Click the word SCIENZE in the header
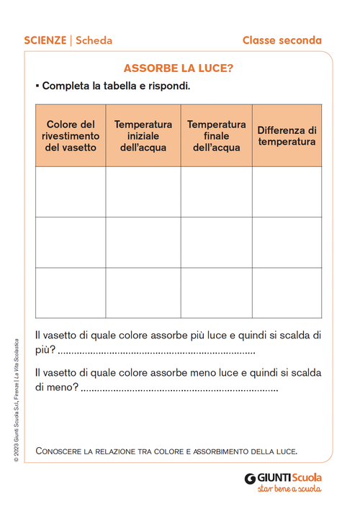coord(45,40)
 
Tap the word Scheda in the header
coord(94,40)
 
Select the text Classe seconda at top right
coord(282,40)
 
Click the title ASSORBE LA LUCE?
coord(179,68)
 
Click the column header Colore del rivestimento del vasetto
coord(71,136)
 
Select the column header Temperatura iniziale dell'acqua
coord(143,136)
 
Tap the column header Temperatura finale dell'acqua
coord(216,136)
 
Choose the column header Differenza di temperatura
coord(287,136)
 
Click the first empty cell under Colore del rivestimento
coord(71,192)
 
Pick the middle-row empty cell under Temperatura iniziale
coord(143,242)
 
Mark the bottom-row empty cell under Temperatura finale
coord(216,292)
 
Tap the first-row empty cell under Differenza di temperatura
coord(287,192)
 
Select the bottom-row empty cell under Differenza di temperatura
coord(287,292)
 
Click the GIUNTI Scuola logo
coord(283,477)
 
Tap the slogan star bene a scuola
coord(289,489)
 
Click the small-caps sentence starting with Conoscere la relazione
coord(166,451)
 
